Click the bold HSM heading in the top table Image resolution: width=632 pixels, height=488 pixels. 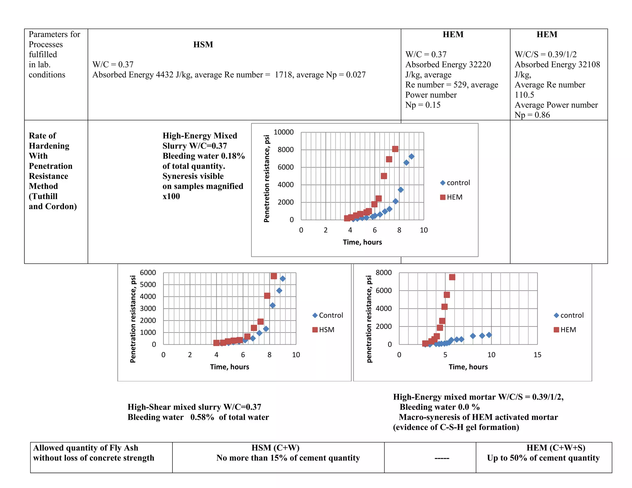pyautogui.click(x=203, y=44)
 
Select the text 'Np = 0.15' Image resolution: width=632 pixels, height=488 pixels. pyautogui.click(x=423, y=105)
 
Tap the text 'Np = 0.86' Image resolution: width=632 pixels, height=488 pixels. pyautogui.click(x=532, y=115)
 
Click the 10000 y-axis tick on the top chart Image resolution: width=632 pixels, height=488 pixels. pyautogui.click(x=283, y=132)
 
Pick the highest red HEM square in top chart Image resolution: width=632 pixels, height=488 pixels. pyautogui.click(x=395, y=149)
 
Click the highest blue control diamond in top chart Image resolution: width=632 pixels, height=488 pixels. pyautogui.click(x=411, y=156)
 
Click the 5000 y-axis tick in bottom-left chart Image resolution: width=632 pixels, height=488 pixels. pyautogui.click(x=148, y=284)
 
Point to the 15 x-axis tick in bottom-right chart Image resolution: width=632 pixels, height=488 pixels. pyautogui.click(x=537, y=355)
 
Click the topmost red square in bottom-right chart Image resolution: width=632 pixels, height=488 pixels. pyautogui.click(x=452, y=277)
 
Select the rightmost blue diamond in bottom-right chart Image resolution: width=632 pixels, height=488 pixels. pyautogui.click(x=489, y=335)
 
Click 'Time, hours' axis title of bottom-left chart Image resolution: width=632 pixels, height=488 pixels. pyautogui.click(x=229, y=367)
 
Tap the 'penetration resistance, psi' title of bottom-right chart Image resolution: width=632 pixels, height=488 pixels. pyautogui.click(x=369, y=319)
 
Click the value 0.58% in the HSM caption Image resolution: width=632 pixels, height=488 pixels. pyautogui.click(x=202, y=417)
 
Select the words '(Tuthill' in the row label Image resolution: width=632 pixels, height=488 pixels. pyautogui.click(x=43, y=196)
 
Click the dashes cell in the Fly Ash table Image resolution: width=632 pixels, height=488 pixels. pyautogui.click(x=442, y=458)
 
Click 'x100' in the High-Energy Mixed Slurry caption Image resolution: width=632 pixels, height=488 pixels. pyautogui.click(x=171, y=196)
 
